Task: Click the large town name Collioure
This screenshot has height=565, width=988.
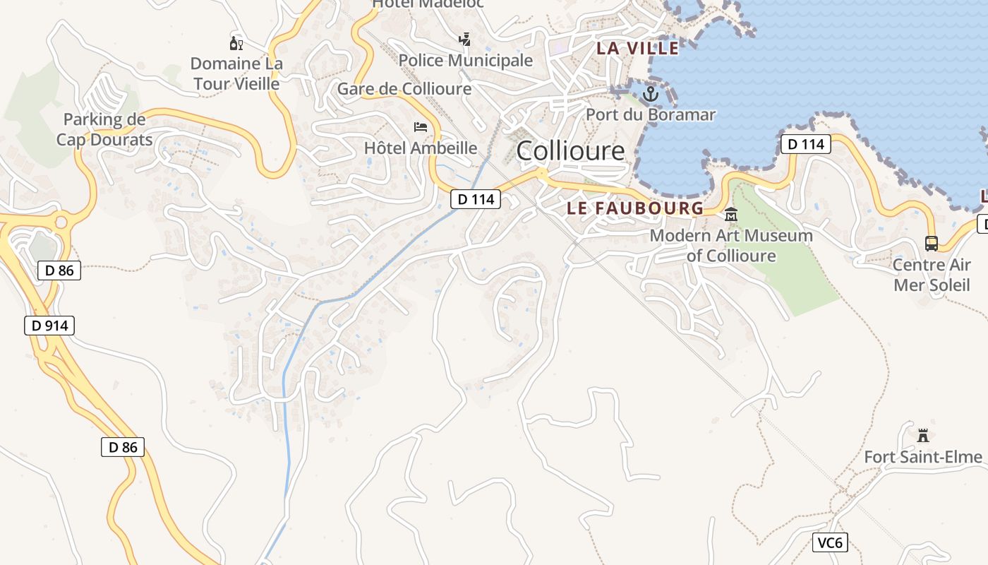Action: click(570, 150)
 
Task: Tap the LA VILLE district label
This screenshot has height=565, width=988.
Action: click(637, 48)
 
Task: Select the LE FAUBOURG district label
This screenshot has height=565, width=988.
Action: click(635, 208)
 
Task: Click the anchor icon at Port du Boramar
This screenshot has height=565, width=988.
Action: click(650, 93)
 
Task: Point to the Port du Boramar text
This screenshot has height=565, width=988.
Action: click(651, 114)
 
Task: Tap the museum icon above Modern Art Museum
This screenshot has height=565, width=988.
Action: click(730, 215)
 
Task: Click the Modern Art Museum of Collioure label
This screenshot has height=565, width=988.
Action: click(731, 245)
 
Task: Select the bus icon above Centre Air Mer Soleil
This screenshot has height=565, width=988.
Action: click(932, 244)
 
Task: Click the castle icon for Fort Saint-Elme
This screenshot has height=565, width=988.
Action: click(922, 435)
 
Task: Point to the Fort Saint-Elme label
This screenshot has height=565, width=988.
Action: click(923, 457)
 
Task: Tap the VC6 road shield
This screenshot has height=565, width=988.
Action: click(830, 542)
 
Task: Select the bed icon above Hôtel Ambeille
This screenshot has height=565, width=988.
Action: click(421, 127)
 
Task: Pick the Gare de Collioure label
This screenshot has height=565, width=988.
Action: click(404, 89)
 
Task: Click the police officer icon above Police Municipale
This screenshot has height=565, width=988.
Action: click(464, 40)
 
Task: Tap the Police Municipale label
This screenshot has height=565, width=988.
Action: click(466, 61)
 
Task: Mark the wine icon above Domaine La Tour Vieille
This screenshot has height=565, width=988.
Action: click(236, 43)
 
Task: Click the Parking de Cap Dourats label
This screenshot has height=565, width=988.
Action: click(104, 129)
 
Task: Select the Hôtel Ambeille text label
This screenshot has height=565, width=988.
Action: click(421, 148)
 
